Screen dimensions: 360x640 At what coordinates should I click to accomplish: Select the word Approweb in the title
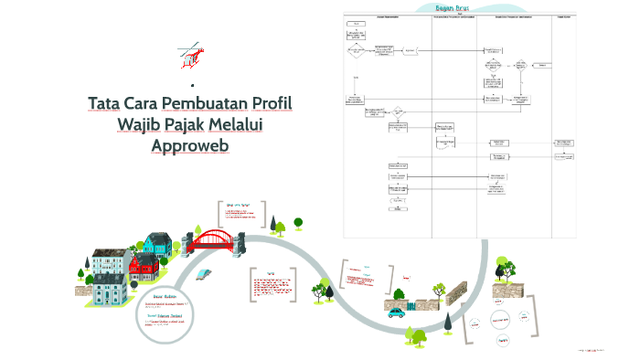190,144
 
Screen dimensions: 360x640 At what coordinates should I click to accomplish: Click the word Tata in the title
109,102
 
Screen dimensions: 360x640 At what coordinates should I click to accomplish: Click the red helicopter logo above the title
191,55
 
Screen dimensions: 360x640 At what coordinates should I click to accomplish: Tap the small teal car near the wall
395,312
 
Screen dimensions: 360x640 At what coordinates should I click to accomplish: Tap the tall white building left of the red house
106,264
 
